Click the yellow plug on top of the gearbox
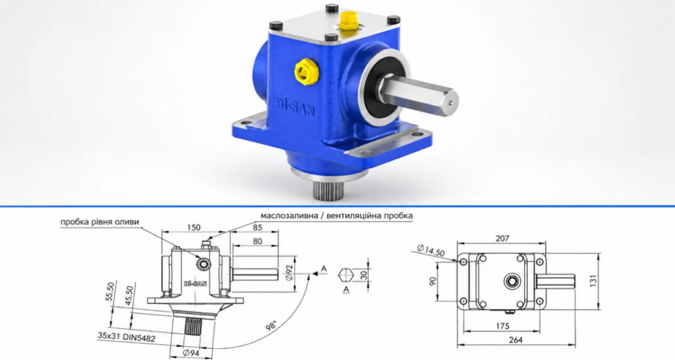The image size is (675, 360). (347, 22)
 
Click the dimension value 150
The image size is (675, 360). (194, 227)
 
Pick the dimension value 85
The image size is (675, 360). (257, 227)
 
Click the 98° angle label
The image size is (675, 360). (271, 326)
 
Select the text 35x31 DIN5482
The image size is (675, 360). (126, 337)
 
